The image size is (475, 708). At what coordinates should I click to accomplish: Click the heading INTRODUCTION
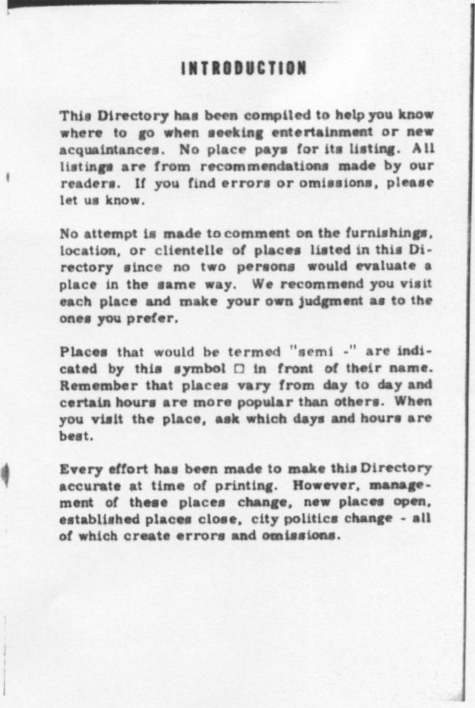[x=243, y=69]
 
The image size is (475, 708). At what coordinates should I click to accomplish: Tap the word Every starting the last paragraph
[x=77, y=468]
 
